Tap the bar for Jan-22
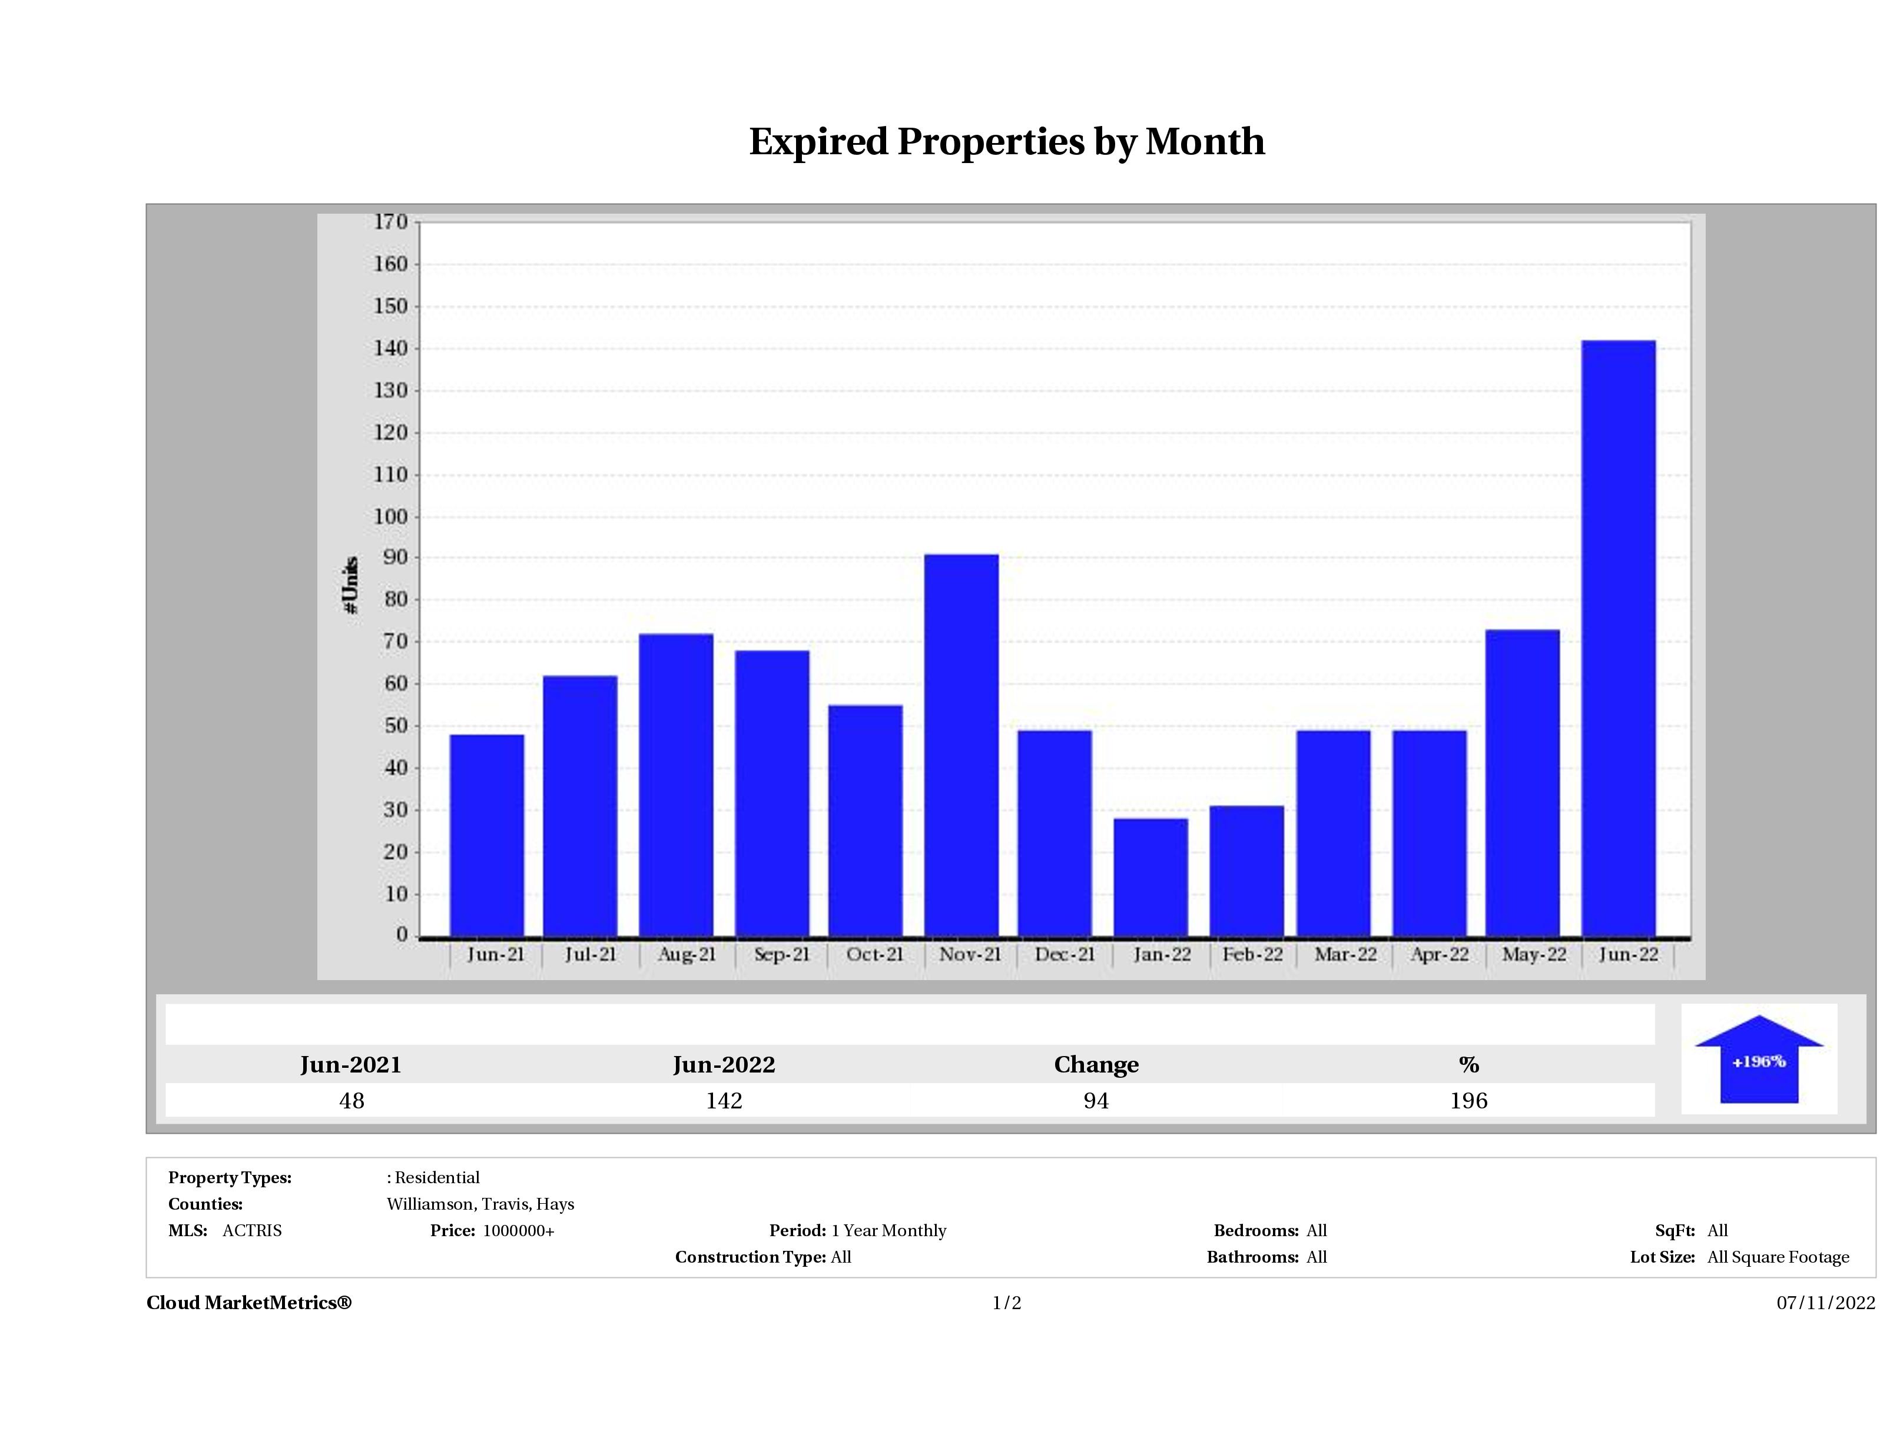1151,877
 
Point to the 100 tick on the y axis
391,517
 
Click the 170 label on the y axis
391,223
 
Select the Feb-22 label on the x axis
1252,955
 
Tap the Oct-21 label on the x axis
874,955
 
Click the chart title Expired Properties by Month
1007,142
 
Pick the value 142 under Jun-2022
724,1101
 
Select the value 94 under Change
1096,1101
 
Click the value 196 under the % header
1469,1101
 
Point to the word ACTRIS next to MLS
251,1231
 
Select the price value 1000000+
519,1231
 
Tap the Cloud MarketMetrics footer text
249,1303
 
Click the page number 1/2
1007,1303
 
